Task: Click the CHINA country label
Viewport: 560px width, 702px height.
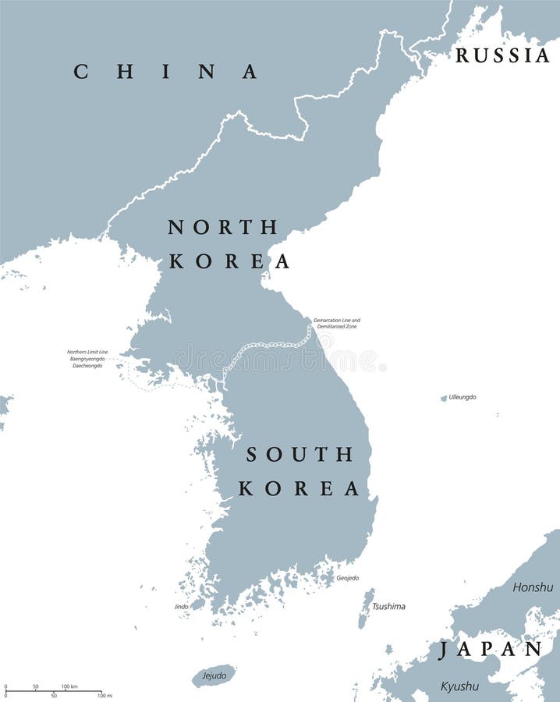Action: pyautogui.click(x=165, y=72)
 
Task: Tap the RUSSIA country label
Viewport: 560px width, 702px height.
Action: pyautogui.click(x=502, y=55)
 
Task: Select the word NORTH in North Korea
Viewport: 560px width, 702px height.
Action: pyautogui.click(x=222, y=227)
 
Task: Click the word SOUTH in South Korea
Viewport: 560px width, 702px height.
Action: pyautogui.click(x=300, y=454)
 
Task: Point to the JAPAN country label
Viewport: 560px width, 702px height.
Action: pyautogui.click(x=490, y=650)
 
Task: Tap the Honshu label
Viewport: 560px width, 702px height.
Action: pyautogui.click(x=533, y=587)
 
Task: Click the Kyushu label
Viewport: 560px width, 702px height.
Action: pyautogui.click(x=459, y=686)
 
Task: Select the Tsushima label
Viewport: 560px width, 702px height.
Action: pyautogui.click(x=388, y=606)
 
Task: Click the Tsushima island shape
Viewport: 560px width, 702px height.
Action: pyautogui.click(x=365, y=609)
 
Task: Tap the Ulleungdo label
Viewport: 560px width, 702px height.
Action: pyautogui.click(x=462, y=397)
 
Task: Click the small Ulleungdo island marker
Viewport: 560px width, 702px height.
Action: pyautogui.click(x=444, y=399)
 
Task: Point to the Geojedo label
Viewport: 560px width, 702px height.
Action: pyautogui.click(x=347, y=578)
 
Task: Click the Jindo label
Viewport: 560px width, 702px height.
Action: pyautogui.click(x=181, y=606)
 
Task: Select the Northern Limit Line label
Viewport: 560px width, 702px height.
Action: pyautogui.click(x=87, y=352)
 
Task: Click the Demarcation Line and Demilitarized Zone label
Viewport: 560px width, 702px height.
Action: pyautogui.click(x=337, y=324)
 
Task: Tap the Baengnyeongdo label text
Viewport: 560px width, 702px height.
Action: pyautogui.click(x=87, y=359)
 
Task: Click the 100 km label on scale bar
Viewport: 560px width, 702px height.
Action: pyautogui.click(x=69, y=686)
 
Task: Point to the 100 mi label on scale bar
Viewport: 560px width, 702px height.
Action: pyautogui.click(x=104, y=695)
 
